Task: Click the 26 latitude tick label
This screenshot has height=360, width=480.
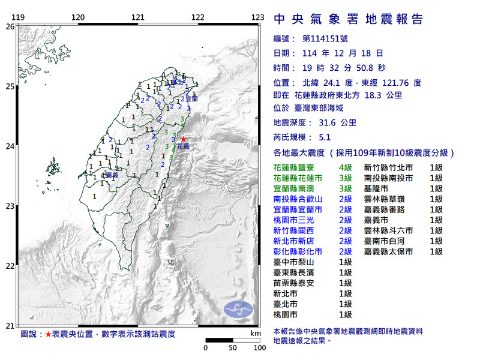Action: tap(10, 26)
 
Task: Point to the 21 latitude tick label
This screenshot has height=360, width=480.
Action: tap(10, 326)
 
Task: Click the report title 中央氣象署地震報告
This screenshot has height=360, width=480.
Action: tap(348, 19)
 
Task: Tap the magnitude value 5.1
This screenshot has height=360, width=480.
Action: tap(325, 137)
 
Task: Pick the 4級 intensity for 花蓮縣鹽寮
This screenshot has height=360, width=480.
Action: tap(345, 168)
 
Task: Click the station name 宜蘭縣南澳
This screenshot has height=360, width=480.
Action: tap(297, 189)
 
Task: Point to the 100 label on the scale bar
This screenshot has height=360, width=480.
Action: tap(259, 347)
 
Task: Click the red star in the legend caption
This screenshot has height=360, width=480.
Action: tap(49, 333)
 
